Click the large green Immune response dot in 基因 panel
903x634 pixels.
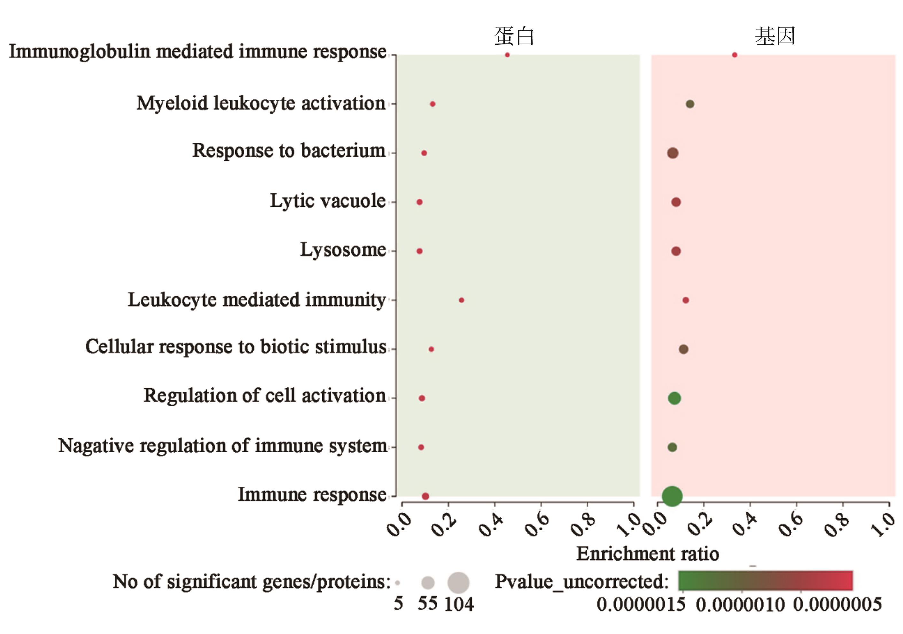pos(672,496)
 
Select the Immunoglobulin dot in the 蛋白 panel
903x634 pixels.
pos(507,55)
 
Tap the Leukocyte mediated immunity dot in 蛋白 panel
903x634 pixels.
pos(462,300)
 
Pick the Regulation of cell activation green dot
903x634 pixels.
pos(674,398)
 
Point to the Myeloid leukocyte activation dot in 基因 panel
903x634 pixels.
pos(690,104)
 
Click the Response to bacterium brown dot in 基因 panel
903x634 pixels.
pos(673,153)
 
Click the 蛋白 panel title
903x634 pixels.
pos(514,36)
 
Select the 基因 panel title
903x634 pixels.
pos(775,36)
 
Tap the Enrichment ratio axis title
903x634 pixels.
pos(648,554)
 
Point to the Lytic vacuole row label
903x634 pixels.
pos(328,201)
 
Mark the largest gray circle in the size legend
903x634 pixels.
pos(458,583)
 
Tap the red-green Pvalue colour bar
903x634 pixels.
pos(765,581)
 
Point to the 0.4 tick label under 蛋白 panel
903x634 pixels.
pos(491,525)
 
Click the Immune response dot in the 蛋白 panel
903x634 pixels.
pos(425,496)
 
